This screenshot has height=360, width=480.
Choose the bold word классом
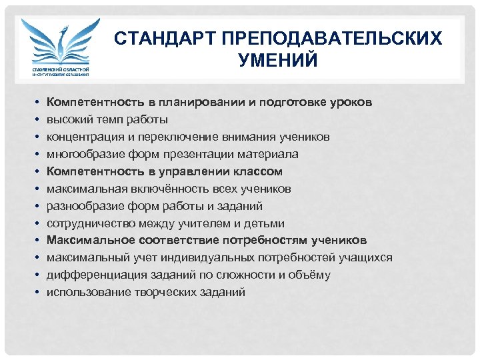[255, 171]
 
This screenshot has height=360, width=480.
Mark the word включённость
[154, 189]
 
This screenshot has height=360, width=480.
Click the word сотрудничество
[87, 223]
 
